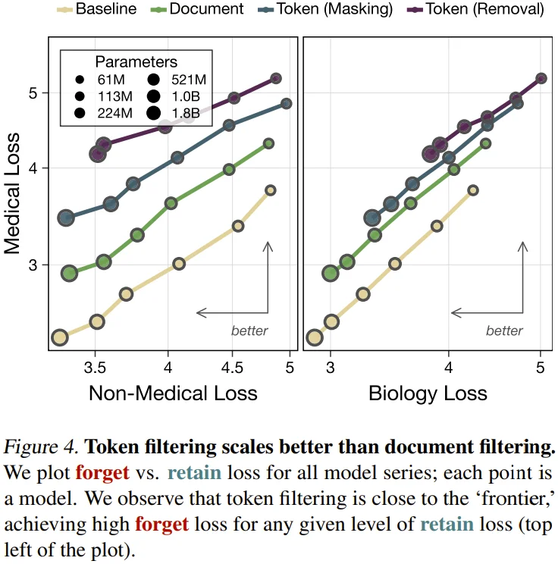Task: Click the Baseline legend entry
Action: tap(105, 10)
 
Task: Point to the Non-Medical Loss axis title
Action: tap(173, 393)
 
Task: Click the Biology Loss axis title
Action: tap(428, 393)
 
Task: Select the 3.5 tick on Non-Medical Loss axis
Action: tap(95, 366)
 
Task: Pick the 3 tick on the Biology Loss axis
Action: tap(331, 366)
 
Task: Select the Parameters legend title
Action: tap(136, 61)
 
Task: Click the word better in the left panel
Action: tap(249, 331)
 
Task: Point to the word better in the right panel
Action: tap(504, 331)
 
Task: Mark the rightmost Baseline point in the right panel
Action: tap(473, 190)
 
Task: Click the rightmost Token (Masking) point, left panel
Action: tap(286, 103)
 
